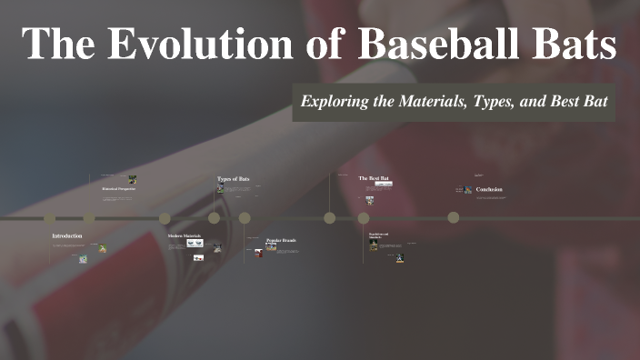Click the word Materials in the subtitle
(429, 101)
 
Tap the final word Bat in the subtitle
(593, 101)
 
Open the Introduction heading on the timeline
(66, 236)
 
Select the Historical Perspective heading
(118, 189)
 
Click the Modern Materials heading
(184, 236)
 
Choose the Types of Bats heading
(233, 179)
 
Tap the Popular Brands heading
(281, 240)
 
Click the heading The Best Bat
(374, 178)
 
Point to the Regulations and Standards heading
(378, 235)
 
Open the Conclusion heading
(489, 189)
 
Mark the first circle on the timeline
(50, 218)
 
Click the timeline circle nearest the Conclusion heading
(453, 217)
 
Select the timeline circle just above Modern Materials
(165, 218)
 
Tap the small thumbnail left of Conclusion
(467, 190)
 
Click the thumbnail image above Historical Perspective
(132, 179)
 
